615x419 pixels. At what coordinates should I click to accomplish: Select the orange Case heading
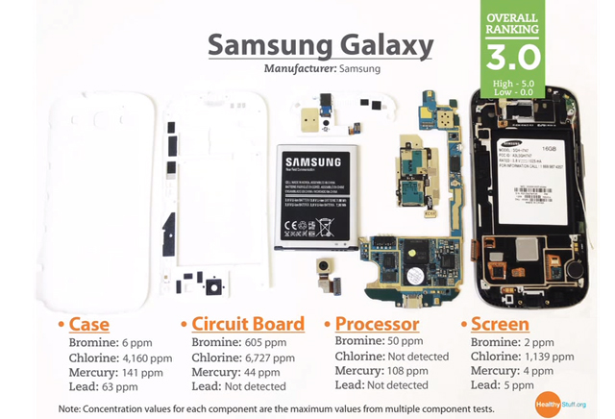tap(94, 324)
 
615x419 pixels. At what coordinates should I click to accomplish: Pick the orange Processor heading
tap(376, 324)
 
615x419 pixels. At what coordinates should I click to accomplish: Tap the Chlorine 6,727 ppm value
tap(247, 357)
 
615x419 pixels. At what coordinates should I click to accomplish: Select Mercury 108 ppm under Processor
tap(381, 371)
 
